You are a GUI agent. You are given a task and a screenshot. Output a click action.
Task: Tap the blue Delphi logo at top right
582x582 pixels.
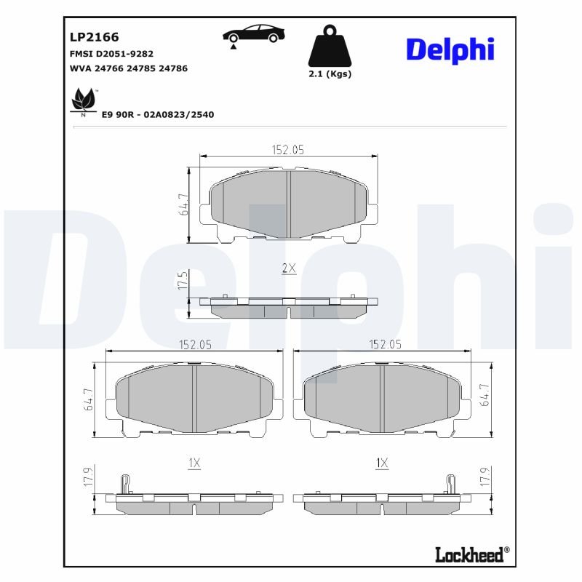click(x=450, y=49)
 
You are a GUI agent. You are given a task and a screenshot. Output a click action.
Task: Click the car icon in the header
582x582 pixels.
click(x=253, y=34)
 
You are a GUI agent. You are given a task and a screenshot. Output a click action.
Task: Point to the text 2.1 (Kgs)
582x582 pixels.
click(x=330, y=74)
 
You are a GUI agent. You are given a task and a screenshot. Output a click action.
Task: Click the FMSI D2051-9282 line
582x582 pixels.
click(x=111, y=54)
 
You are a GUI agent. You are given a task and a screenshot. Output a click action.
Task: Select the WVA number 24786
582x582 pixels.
click(x=173, y=68)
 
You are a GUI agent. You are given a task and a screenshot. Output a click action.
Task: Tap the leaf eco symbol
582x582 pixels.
click(x=84, y=100)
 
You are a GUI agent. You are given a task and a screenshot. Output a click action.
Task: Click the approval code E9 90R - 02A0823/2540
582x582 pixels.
click(x=158, y=114)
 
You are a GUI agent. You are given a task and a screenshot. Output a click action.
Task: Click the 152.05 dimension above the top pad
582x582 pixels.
click(x=287, y=149)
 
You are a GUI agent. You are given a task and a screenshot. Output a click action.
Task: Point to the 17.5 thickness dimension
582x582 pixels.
click(x=183, y=280)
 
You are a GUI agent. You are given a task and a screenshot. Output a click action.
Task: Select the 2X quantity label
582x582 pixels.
click(x=289, y=268)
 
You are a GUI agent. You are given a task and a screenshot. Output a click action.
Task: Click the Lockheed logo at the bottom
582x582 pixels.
click(x=469, y=555)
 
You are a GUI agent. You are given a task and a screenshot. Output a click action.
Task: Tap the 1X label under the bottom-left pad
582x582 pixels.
click(x=194, y=463)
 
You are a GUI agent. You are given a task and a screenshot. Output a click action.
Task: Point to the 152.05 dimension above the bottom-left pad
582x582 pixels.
click(x=195, y=345)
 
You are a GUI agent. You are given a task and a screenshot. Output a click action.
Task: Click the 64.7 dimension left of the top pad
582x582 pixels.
click(x=183, y=204)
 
